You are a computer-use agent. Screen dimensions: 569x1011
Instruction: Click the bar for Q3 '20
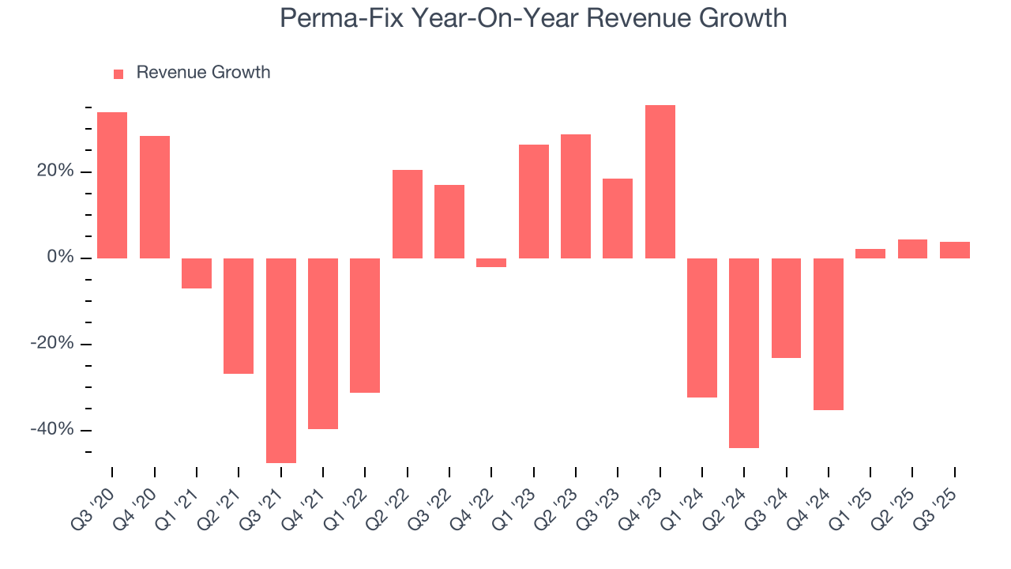pyautogui.click(x=112, y=185)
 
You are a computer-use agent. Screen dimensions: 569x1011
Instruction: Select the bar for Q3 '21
pyautogui.click(x=280, y=360)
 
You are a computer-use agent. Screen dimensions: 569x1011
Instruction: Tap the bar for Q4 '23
pyautogui.click(x=660, y=182)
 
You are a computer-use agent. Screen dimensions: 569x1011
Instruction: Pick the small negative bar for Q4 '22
pyautogui.click(x=491, y=262)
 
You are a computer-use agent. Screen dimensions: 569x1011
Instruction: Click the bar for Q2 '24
pyautogui.click(x=744, y=353)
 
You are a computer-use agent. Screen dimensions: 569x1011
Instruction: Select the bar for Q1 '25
pyautogui.click(x=870, y=254)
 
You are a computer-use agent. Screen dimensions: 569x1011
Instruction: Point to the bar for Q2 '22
pyautogui.click(x=407, y=214)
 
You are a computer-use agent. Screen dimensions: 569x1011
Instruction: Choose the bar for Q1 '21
pyautogui.click(x=197, y=273)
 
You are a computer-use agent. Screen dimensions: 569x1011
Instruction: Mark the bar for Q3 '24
pyautogui.click(x=786, y=308)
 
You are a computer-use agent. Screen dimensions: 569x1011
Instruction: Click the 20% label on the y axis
pyautogui.click(x=54, y=171)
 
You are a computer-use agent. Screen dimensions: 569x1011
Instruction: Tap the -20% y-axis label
pyautogui.click(x=52, y=344)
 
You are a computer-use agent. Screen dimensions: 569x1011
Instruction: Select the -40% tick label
pyautogui.click(x=52, y=430)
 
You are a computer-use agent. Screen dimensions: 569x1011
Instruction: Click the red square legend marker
pyautogui.click(x=118, y=73)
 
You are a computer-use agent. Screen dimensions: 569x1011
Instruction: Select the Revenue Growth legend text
pyautogui.click(x=203, y=73)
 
